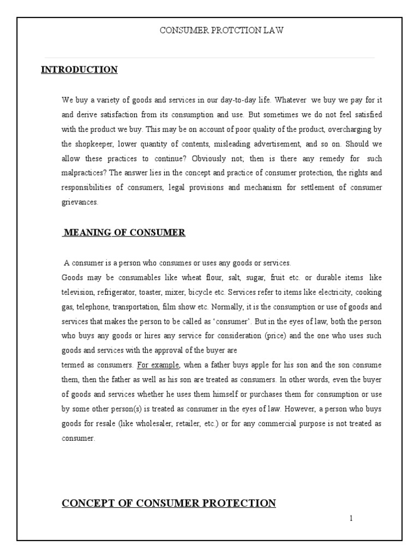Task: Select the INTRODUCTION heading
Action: tap(79, 70)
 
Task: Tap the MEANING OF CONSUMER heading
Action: tap(124, 233)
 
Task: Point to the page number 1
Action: tap(351, 518)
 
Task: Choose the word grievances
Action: tap(80, 202)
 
